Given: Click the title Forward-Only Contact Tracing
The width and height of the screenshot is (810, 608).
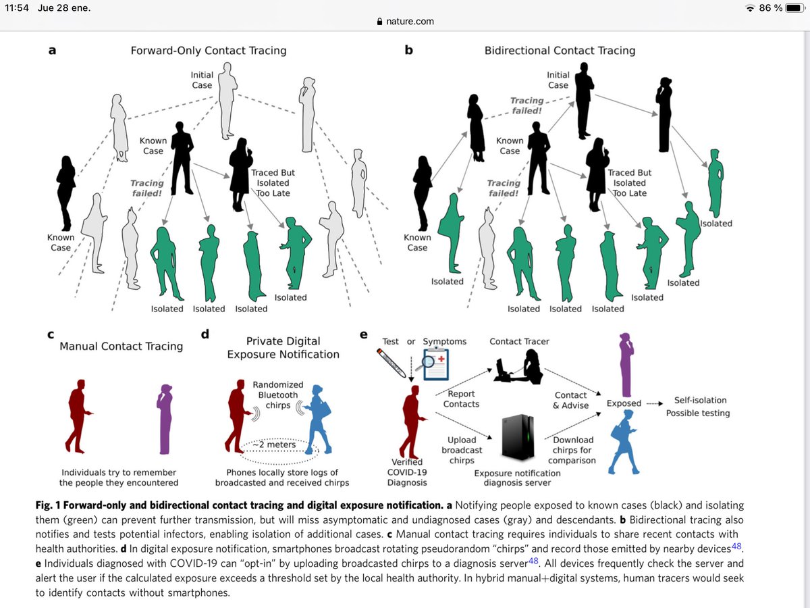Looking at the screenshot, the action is (209, 51).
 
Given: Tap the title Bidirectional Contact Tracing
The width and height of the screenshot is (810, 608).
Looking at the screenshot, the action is (560, 51).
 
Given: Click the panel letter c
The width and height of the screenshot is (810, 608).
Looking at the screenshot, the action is (51, 334).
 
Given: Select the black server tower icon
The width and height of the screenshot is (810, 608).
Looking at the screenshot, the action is (518, 436).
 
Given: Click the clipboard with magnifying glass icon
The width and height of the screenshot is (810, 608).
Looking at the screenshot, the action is (433, 363).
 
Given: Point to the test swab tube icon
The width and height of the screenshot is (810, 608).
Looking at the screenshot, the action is (391, 363).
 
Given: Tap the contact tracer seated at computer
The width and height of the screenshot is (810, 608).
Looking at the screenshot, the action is (518, 367).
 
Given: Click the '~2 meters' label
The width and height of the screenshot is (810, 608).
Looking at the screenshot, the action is (274, 445).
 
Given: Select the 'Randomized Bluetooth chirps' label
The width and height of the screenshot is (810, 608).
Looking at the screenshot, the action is (278, 395).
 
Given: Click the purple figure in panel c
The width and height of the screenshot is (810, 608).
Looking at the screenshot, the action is (165, 419).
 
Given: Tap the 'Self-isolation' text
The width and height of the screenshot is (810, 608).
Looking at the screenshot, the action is (700, 400).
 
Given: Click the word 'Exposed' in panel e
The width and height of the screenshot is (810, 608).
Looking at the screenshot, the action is (624, 403).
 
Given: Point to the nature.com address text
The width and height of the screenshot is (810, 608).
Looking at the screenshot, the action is (410, 22).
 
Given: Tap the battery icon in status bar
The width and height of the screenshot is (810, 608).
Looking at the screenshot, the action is (794, 7).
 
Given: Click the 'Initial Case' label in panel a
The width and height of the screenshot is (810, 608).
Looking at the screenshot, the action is (202, 80).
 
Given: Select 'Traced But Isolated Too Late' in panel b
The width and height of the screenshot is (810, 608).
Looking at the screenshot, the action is (630, 182).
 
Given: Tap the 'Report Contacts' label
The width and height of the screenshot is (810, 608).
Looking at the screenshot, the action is (461, 399).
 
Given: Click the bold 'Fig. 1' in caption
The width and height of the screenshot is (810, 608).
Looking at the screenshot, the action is (48, 505).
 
